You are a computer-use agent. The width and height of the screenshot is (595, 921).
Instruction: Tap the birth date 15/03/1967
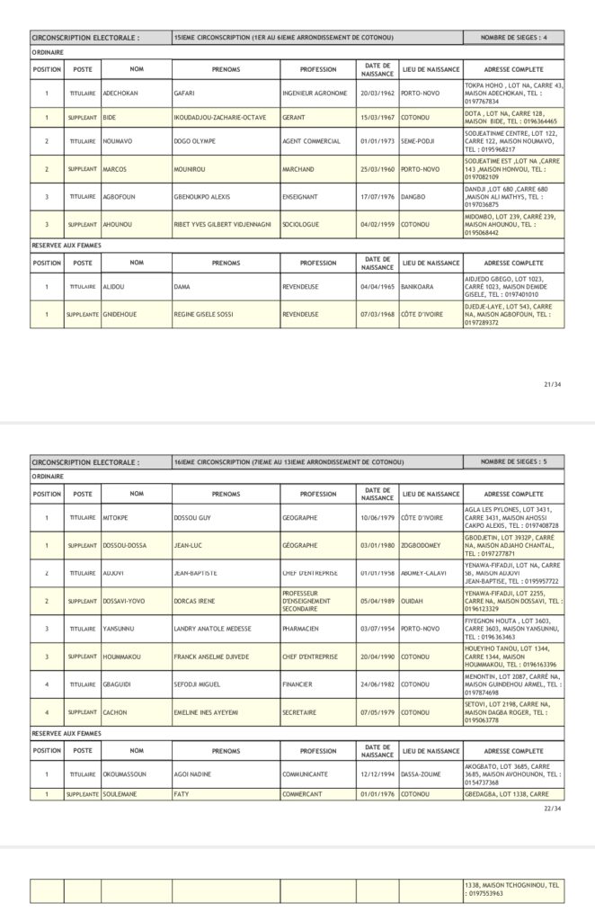(377, 117)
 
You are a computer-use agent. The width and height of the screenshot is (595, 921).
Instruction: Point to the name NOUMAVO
(119, 141)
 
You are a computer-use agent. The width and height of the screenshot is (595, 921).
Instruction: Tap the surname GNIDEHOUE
(121, 315)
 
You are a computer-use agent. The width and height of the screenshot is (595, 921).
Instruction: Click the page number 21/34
(552, 384)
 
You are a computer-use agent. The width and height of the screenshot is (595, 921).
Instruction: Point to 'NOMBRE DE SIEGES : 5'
(513, 461)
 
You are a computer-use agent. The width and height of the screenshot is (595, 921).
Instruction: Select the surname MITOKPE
(117, 518)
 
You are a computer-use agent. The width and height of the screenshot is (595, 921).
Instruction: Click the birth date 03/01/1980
(377, 545)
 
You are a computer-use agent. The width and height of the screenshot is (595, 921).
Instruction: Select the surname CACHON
(115, 712)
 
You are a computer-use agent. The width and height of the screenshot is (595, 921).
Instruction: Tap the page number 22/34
(552, 808)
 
